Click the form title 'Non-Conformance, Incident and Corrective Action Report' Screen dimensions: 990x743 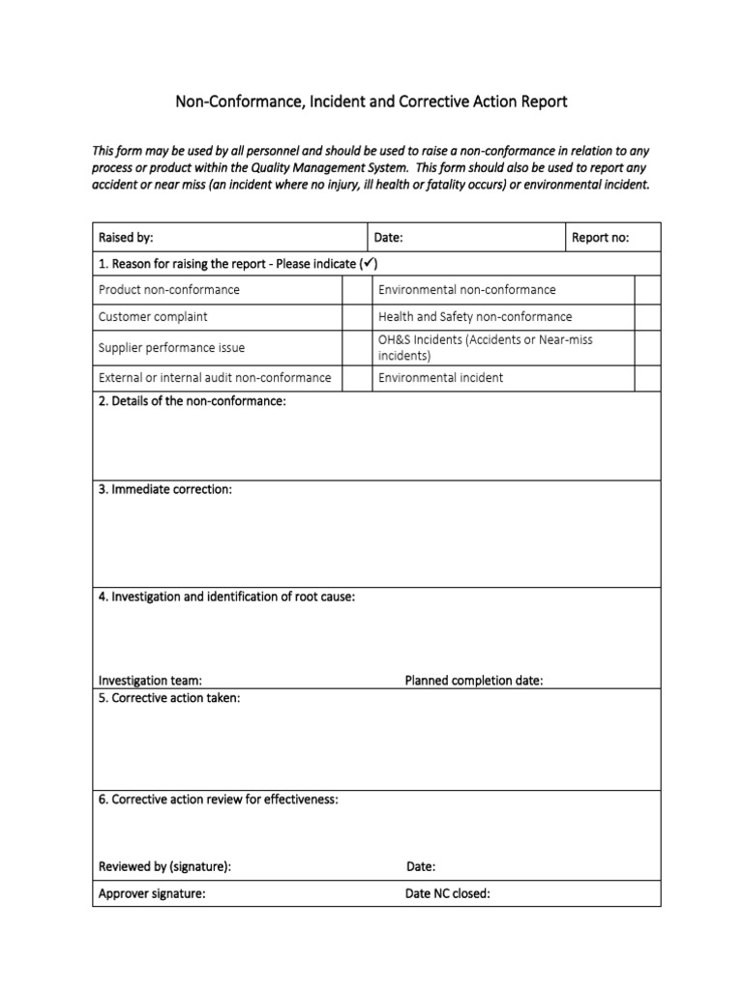tap(371, 102)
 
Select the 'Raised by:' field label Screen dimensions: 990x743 tap(126, 238)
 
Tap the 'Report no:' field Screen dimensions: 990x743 tap(600, 238)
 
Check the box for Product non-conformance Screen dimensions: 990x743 tap(357, 290)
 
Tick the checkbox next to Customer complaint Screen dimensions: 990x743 tap(357, 317)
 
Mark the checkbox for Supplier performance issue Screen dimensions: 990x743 tap(357, 347)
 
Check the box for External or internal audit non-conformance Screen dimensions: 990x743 tap(357, 378)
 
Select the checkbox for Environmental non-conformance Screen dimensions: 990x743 tap(647, 290)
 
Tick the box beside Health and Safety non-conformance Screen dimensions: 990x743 tap(647, 317)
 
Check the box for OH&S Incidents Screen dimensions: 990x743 tap(647, 347)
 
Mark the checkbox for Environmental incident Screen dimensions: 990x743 tap(647, 378)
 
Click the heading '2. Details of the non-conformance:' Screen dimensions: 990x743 tap(193, 401)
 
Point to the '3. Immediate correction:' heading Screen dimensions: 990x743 tap(165, 490)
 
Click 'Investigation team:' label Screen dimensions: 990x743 tap(150, 681)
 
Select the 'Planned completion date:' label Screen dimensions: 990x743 tap(473, 681)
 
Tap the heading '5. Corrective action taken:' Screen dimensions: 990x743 tap(169, 698)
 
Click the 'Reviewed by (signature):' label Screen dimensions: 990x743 tap(164, 867)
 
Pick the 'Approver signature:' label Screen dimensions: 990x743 tap(152, 894)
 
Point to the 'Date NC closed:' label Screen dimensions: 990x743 tap(447, 894)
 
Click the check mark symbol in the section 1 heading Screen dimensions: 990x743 tap(370, 264)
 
